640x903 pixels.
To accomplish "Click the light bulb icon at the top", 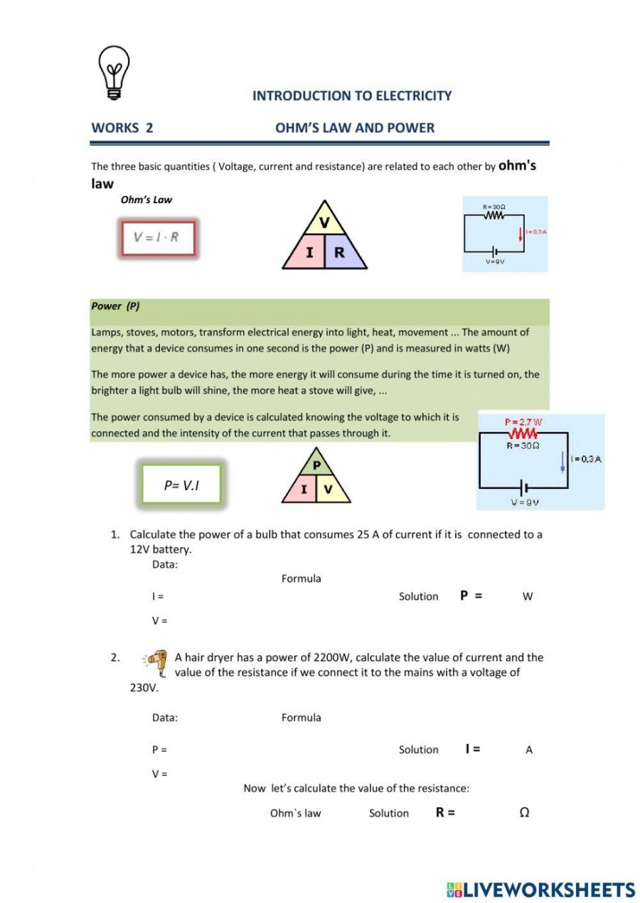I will point(114,72).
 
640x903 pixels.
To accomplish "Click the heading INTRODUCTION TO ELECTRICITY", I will point(352,96).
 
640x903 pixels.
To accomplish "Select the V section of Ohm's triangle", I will point(324,223).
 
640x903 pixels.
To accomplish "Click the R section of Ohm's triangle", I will point(340,252).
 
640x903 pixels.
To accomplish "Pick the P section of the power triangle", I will point(316,465).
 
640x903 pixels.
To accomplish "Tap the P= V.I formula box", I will point(181,485).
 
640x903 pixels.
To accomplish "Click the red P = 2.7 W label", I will point(523,422).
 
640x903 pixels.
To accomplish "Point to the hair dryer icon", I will point(157,661).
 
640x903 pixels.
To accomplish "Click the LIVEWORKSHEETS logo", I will point(540,890).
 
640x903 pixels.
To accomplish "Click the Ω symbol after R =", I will point(524,813).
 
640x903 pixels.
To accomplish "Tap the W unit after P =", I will point(528,597).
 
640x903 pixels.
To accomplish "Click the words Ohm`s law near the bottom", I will point(295,813).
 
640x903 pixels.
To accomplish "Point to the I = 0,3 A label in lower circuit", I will point(587,459).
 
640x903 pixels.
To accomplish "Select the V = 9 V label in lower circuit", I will point(525,502).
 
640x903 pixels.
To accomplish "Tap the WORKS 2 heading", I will point(122,128).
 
